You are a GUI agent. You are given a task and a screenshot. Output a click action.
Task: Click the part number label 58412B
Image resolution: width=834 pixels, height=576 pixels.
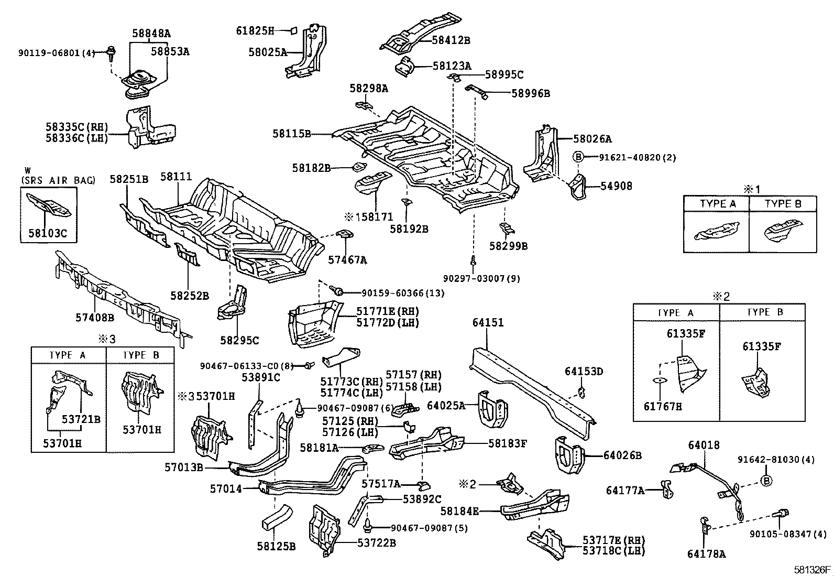tap(451, 40)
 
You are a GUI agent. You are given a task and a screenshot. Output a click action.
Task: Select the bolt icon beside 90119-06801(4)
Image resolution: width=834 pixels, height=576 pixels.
tap(111, 51)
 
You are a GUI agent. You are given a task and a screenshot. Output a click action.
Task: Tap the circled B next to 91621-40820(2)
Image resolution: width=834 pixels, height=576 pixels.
tap(578, 156)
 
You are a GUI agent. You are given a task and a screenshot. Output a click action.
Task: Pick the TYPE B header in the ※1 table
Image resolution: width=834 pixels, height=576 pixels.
tap(783, 204)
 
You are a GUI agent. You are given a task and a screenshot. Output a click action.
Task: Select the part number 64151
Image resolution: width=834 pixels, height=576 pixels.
tap(488, 323)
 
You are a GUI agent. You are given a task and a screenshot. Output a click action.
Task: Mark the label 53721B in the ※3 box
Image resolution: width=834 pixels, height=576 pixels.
tap(81, 419)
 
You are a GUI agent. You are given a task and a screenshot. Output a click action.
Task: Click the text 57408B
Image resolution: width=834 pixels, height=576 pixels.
tap(95, 317)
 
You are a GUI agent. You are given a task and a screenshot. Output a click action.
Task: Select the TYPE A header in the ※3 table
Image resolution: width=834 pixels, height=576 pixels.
tap(68, 355)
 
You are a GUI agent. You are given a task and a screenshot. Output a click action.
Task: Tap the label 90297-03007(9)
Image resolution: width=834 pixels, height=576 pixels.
tap(481, 278)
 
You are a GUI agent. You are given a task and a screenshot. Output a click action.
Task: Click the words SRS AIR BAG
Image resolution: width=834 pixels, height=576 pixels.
tap(58, 180)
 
